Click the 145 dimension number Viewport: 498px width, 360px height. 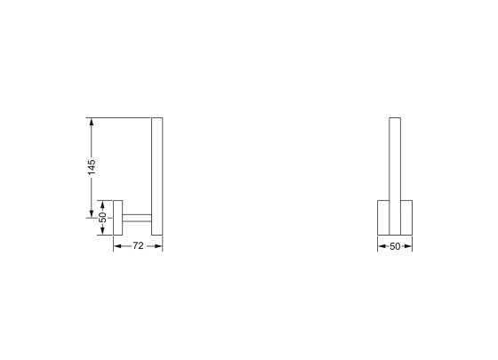pyautogui.click(x=92, y=167)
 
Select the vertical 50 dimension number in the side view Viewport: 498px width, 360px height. pyautogui.click(x=102, y=217)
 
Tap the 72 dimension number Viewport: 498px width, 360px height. pyautogui.click(x=138, y=246)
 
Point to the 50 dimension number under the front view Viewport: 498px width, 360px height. pyautogui.click(x=395, y=246)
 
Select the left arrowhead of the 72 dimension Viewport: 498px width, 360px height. pyautogui.click(x=116, y=246)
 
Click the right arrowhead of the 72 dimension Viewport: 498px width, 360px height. pyautogui.click(x=159, y=246)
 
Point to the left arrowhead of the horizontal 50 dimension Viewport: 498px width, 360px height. pyautogui.click(x=382, y=246)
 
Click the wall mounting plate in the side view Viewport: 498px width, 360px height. pyautogui.click(x=117, y=217)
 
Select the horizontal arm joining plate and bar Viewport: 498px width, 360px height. pyautogui.click(x=137, y=217)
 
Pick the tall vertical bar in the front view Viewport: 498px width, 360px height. pyautogui.click(x=395, y=160)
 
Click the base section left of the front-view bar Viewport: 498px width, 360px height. pyautogui.click(x=384, y=217)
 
